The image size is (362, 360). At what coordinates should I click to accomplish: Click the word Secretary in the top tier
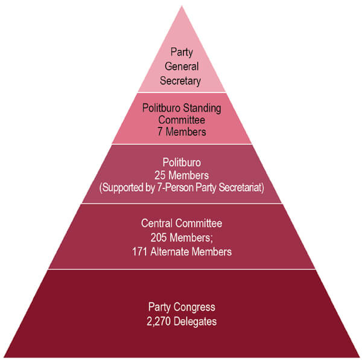180,80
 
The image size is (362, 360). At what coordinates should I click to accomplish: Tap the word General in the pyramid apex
181,66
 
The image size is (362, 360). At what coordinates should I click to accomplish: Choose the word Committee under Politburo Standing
182,119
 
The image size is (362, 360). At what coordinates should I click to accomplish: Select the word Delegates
195,322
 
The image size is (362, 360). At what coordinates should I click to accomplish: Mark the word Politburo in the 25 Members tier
182,163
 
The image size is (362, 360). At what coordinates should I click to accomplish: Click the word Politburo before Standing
162,108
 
